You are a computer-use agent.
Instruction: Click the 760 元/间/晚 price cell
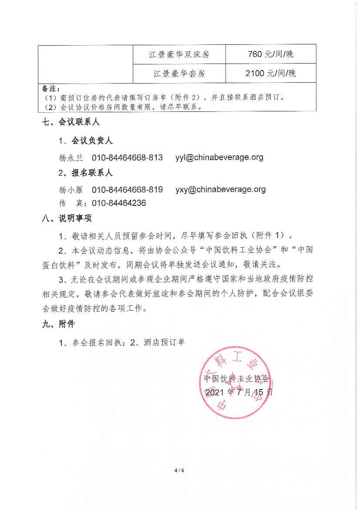(x=270, y=54)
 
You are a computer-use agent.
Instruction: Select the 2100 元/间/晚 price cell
(x=270, y=73)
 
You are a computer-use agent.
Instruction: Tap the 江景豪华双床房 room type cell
(x=179, y=54)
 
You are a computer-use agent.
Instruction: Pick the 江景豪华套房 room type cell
(x=179, y=74)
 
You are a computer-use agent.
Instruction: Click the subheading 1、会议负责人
(x=86, y=141)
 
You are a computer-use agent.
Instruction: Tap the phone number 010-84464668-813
(x=127, y=157)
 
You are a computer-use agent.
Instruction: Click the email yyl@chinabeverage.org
(x=219, y=157)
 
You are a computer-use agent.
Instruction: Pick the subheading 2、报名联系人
(x=86, y=173)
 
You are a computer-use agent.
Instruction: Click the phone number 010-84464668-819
(x=127, y=189)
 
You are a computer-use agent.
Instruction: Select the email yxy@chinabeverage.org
(x=220, y=189)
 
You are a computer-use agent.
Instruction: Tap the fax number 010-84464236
(x=119, y=203)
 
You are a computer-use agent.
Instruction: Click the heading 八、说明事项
(x=67, y=218)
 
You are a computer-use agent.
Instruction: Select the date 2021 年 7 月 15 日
(x=239, y=392)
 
